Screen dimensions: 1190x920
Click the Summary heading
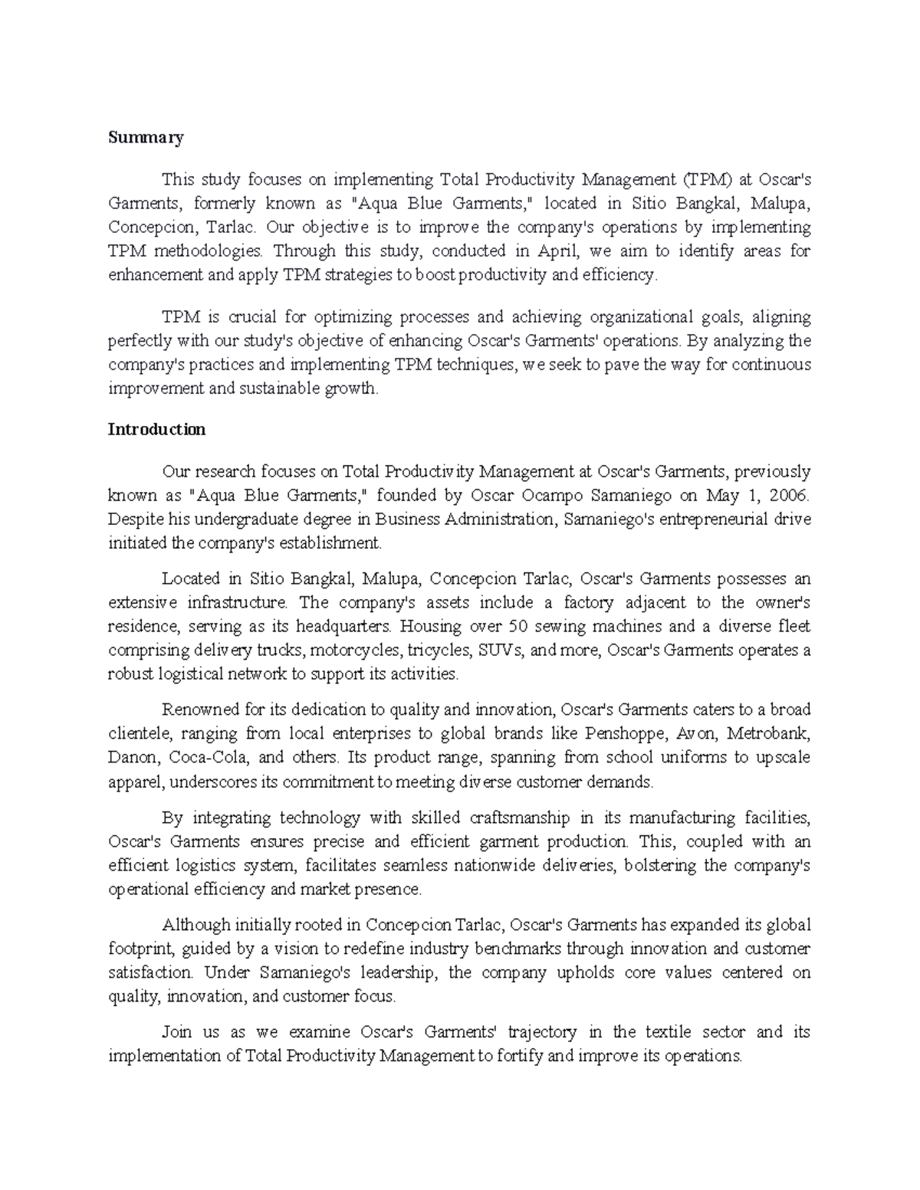click(146, 138)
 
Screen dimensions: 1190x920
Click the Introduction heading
click(156, 429)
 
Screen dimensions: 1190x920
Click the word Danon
click(134, 757)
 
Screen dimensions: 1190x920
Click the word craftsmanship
click(517, 818)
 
